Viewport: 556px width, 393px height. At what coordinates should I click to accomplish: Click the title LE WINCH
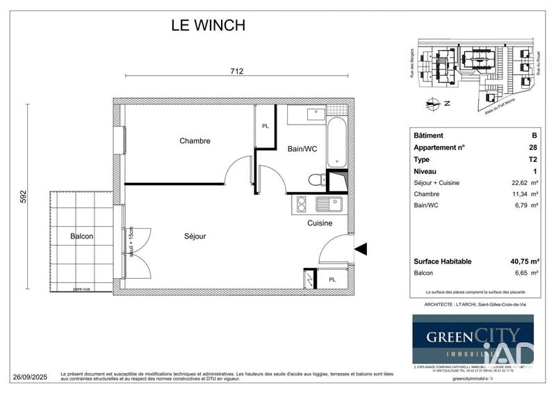pos(208,26)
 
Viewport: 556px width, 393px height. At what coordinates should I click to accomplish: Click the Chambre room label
pos(195,141)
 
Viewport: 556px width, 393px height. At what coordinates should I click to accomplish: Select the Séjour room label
pos(195,236)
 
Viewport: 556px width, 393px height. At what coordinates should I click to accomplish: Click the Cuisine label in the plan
pos(320,223)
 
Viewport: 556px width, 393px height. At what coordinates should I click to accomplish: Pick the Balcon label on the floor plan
pos(82,236)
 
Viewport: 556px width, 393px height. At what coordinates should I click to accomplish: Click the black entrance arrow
pos(360,248)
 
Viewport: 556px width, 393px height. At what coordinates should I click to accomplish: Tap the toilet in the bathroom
pos(316,180)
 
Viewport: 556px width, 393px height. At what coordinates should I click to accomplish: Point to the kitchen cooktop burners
pos(302,204)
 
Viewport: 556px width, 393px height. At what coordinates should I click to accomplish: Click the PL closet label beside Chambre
pos(265,127)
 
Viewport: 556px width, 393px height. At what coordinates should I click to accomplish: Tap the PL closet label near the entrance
pos(332,280)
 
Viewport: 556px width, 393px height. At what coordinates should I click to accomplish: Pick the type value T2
pos(532,159)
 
